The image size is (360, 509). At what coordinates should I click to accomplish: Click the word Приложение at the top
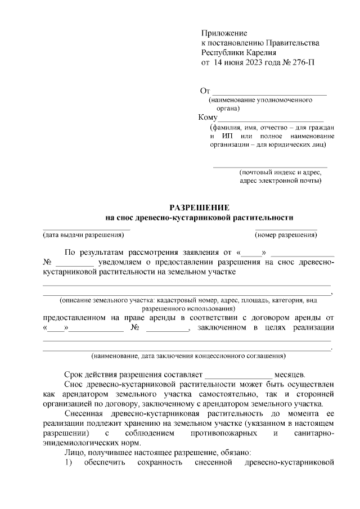click(224, 34)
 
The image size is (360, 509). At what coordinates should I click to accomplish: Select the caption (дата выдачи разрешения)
click(83, 235)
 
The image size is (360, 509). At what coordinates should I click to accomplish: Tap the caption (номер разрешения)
click(286, 235)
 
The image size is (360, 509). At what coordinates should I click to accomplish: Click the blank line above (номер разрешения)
click(286, 228)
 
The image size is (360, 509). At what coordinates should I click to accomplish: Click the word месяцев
click(290, 375)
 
